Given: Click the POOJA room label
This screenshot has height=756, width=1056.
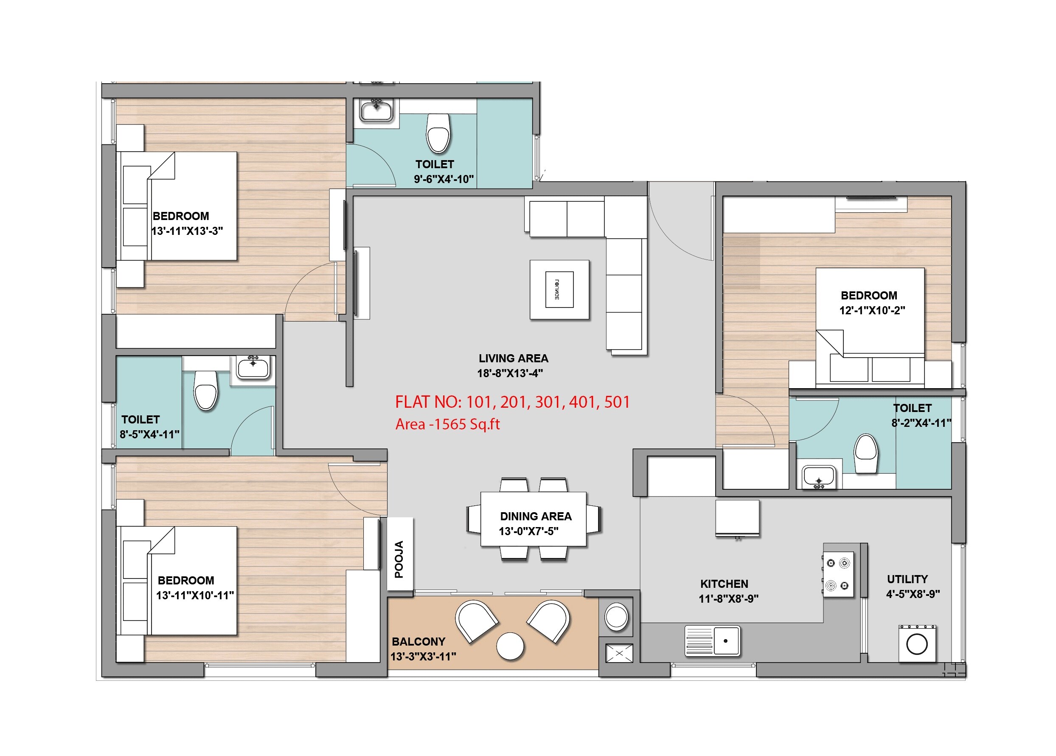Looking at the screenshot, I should coord(399,559).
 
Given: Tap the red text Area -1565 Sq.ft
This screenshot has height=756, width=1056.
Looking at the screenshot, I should coord(447,424).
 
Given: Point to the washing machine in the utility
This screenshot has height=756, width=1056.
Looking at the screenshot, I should coord(916,644).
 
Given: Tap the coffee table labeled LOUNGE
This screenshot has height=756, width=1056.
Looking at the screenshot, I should coord(559,290).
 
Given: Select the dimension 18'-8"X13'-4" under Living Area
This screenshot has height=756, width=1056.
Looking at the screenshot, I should coord(510,373).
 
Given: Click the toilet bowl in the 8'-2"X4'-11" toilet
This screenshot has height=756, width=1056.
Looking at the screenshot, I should coord(865,454).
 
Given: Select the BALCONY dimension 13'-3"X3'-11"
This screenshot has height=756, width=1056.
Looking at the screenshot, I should coord(423,657).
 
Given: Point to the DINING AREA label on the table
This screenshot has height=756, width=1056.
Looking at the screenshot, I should coord(536,516).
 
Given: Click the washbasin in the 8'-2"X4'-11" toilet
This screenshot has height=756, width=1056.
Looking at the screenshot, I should coord(818,478).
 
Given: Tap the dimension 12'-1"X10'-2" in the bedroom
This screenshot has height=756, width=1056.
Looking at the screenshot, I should coord(872,310).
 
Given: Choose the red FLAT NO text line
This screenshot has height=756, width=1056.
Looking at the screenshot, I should coord(512,402).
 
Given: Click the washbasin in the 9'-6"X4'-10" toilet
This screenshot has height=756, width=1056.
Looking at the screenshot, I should coord(376,110).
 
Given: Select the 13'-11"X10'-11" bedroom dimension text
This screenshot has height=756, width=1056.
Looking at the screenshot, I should coord(195,595).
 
